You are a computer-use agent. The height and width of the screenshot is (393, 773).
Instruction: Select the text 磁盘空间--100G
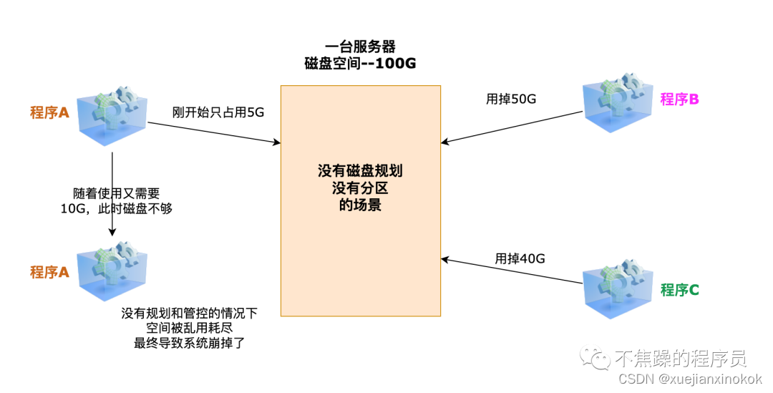[361, 63]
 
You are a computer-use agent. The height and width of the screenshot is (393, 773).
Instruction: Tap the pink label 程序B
[679, 100]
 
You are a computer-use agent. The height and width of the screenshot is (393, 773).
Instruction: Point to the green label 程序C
[679, 290]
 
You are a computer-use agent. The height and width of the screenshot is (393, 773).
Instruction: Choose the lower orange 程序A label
[49, 272]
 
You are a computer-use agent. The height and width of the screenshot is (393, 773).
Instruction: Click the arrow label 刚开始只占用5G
[218, 112]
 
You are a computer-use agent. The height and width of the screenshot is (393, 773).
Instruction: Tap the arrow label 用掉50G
[511, 100]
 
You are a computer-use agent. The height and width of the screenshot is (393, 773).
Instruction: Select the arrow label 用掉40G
[520, 258]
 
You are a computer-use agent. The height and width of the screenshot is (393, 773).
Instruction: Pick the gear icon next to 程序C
[618, 290]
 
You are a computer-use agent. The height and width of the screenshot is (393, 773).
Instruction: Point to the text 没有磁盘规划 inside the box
[360, 172]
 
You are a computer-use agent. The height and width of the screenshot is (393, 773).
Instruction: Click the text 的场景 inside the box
[360, 205]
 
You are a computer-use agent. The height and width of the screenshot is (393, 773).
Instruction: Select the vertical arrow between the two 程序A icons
[112, 193]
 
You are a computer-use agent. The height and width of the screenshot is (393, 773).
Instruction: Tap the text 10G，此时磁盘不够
[117, 209]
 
